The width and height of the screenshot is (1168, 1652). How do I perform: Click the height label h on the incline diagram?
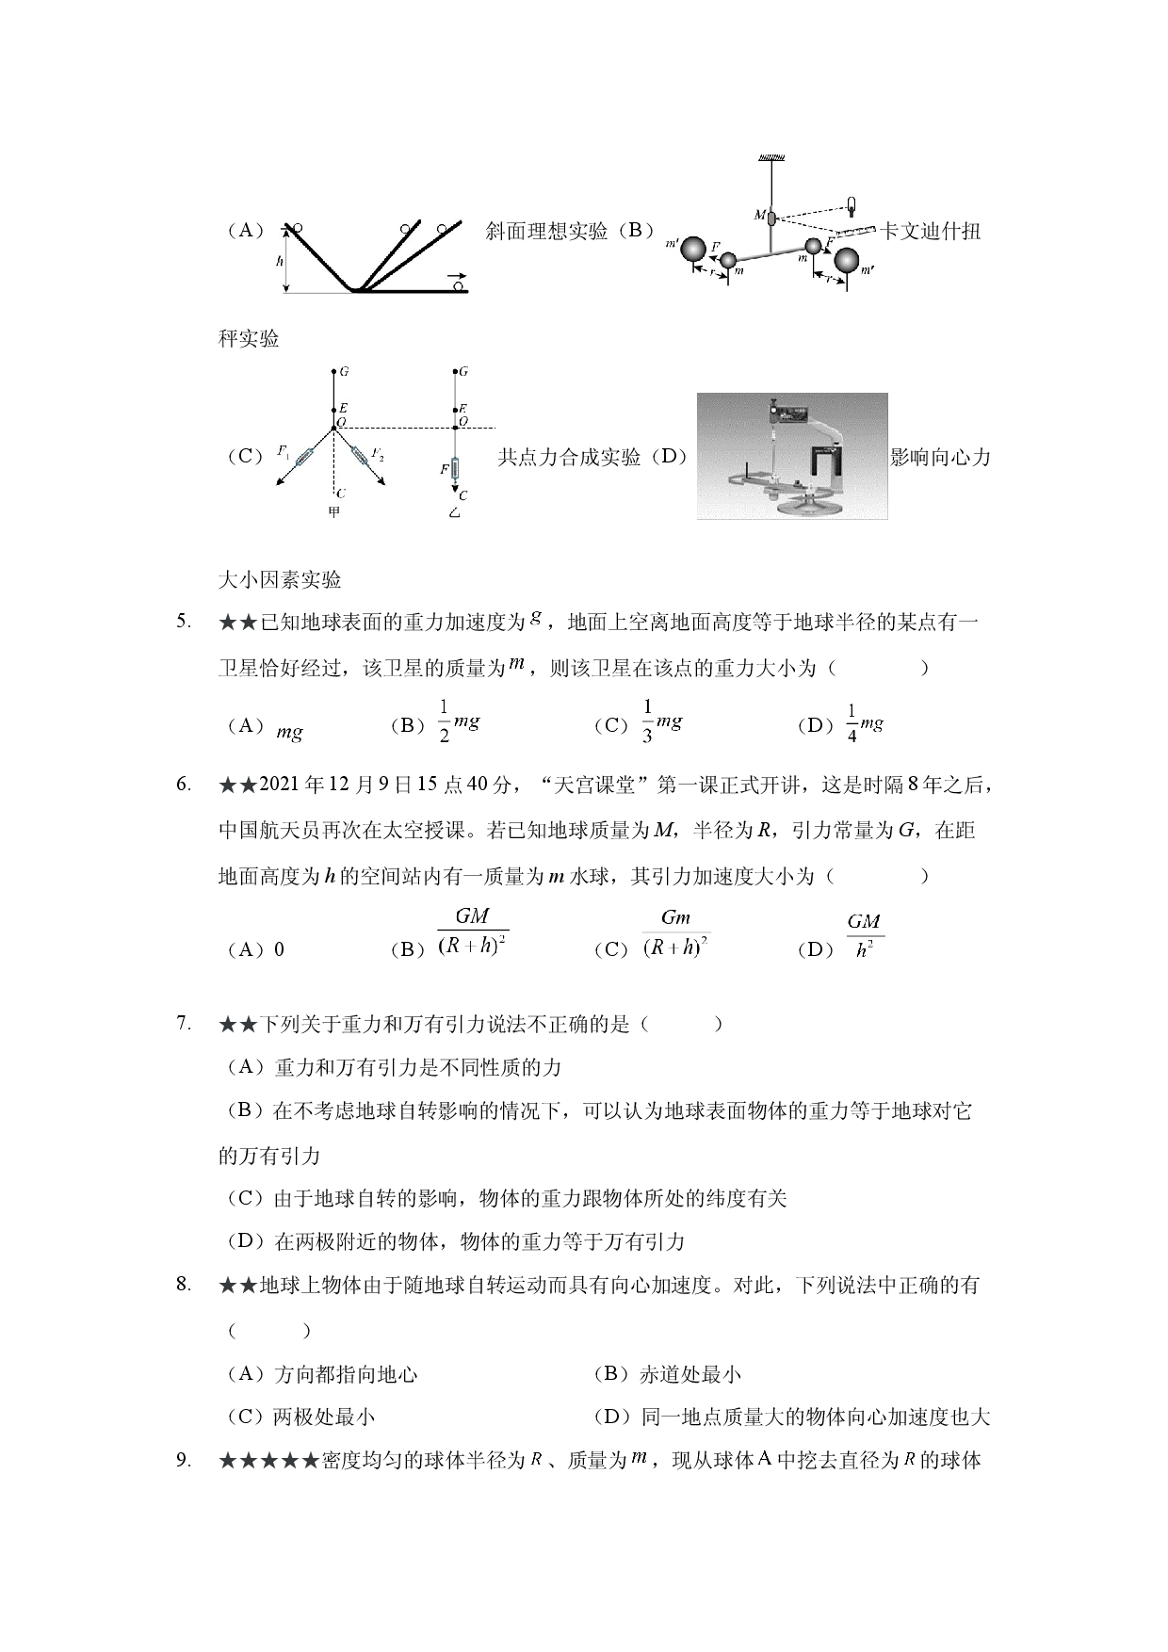[x=280, y=261]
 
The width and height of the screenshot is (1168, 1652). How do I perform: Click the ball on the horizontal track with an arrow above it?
[x=461, y=286]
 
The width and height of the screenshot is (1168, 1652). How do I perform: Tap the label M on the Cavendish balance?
[x=759, y=215]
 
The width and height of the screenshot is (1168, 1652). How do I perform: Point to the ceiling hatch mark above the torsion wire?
[x=771, y=154]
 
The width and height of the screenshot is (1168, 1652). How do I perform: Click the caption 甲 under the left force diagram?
[x=333, y=512]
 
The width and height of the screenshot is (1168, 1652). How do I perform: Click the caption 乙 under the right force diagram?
[x=455, y=513]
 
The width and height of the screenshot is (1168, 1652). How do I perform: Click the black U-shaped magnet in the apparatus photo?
[x=830, y=462]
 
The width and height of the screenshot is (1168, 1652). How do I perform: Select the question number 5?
[x=184, y=622]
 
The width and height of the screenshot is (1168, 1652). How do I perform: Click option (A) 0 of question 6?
[x=254, y=949]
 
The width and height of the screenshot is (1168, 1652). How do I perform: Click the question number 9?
[x=184, y=1461]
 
